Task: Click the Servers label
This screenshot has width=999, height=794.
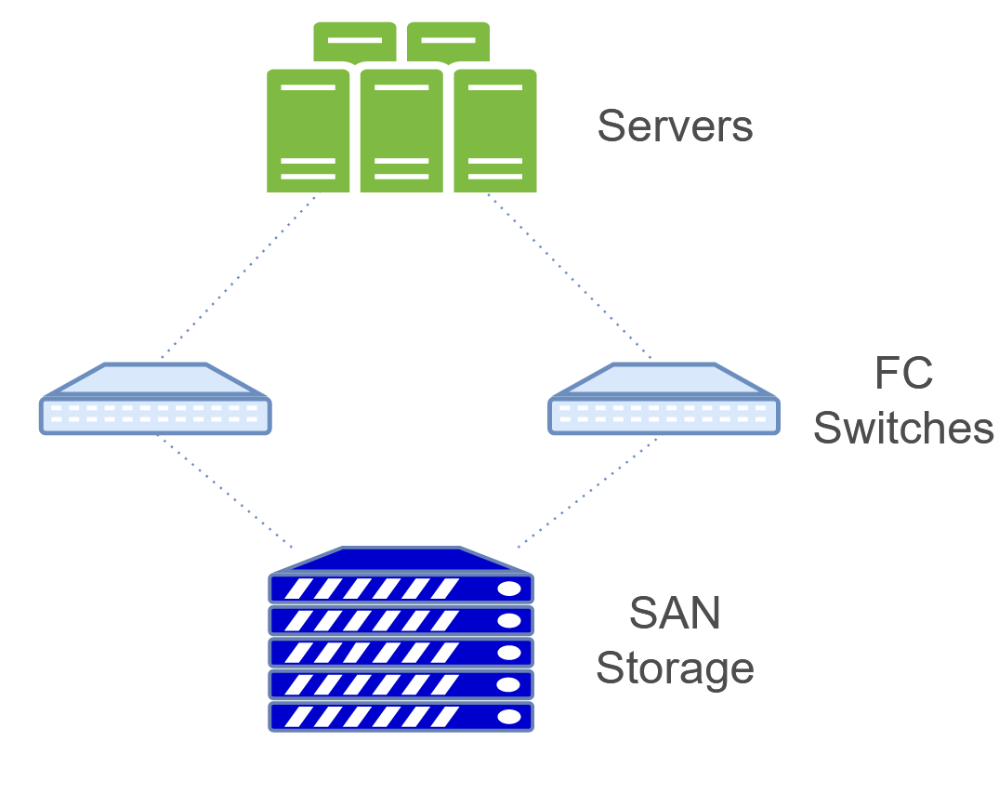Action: (675, 126)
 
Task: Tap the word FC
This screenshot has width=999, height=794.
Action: (903, 374)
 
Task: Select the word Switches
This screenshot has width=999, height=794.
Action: (903, 428)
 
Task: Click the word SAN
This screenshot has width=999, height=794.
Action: (675, 614)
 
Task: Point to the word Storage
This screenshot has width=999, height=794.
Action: (675, 668)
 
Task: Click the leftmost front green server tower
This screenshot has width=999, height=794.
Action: (308, 130)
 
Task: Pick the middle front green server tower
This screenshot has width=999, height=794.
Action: (401, 130)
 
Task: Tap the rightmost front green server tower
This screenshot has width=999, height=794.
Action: (495, 130)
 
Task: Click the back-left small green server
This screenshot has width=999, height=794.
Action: (354, 41)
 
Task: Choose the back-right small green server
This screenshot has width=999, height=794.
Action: (449, 41)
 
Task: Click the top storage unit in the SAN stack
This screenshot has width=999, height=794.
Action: (401, 589)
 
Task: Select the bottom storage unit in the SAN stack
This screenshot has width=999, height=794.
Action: (401, 717)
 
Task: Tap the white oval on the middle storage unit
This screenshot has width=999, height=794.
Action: (509, 653)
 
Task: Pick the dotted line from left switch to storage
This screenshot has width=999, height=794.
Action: (226, 491)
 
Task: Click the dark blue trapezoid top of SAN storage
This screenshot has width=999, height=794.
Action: (401, 560)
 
